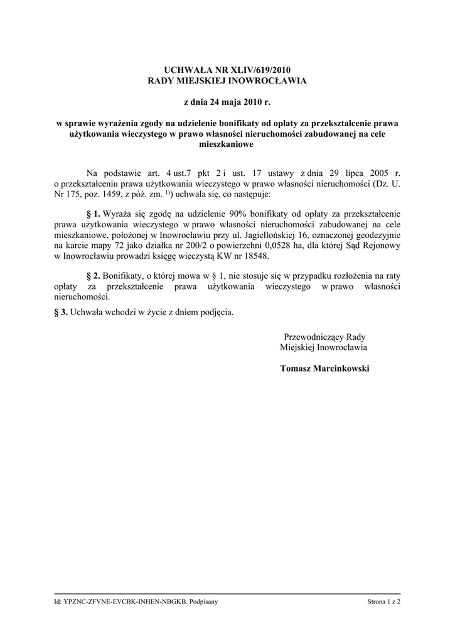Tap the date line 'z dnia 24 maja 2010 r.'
pyautogui.click(x=227, y=102)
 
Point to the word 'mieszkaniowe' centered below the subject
pyautogui.click(x=227, y=144)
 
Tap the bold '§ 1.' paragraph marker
pyautogui.click(x=93, y=213)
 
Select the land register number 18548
pyautogui.click(x=262, y=256)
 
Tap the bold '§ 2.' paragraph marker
pyautogui.click(x=93, y=275)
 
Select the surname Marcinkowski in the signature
pyautogui.click(x=343, y=368)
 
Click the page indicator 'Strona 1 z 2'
pyautogui.click(x=384, y=602)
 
